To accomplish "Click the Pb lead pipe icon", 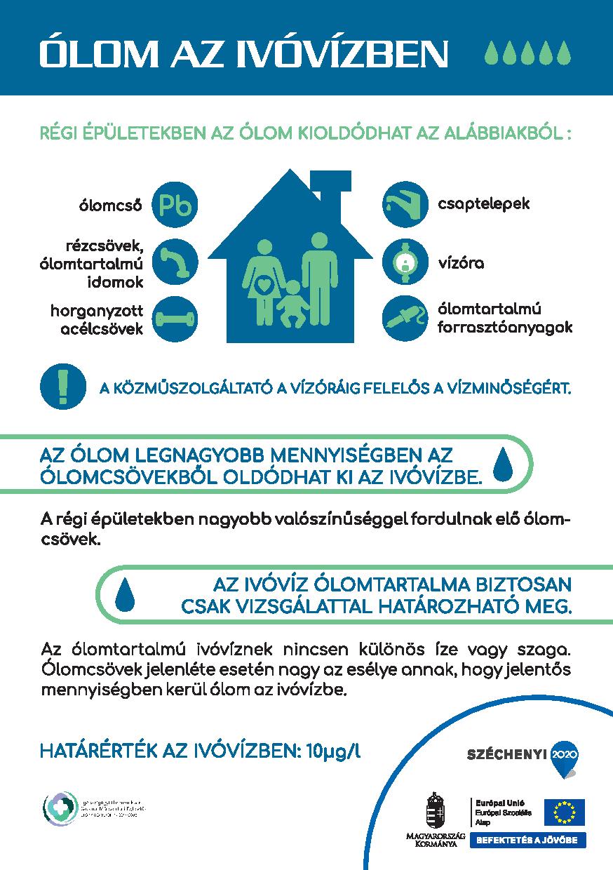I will pos(175,205).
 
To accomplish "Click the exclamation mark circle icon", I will pos(64,386).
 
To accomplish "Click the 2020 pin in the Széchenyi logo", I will pos(565,755).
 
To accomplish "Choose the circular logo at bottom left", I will pos(60,810).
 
